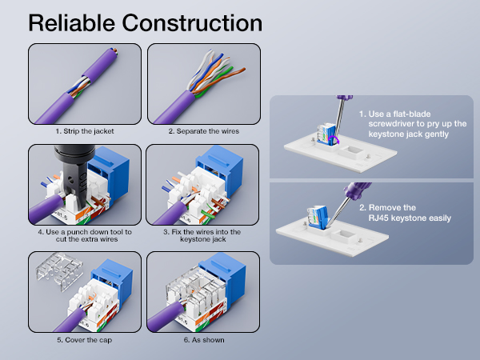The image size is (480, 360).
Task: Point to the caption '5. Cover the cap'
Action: pos(85,339)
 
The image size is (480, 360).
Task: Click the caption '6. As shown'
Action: pos(203,339)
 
